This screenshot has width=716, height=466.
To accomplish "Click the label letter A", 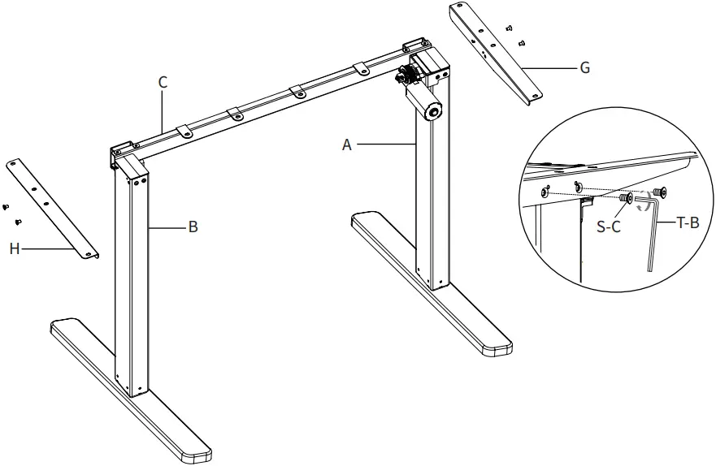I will [347, 145].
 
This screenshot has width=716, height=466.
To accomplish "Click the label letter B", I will [193, 227].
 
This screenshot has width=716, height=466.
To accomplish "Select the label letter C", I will [163, 81].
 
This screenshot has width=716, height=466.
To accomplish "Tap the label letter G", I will [584, 68].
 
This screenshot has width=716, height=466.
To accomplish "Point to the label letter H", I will [14, 249].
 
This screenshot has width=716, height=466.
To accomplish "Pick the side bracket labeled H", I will [54, 209].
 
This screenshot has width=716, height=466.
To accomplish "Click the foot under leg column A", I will [431, 284].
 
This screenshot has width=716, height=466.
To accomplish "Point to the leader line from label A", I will [386, 145].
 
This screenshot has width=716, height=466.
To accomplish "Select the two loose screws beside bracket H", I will [11, 214].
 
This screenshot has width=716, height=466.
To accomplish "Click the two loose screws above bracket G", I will [515, 33].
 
